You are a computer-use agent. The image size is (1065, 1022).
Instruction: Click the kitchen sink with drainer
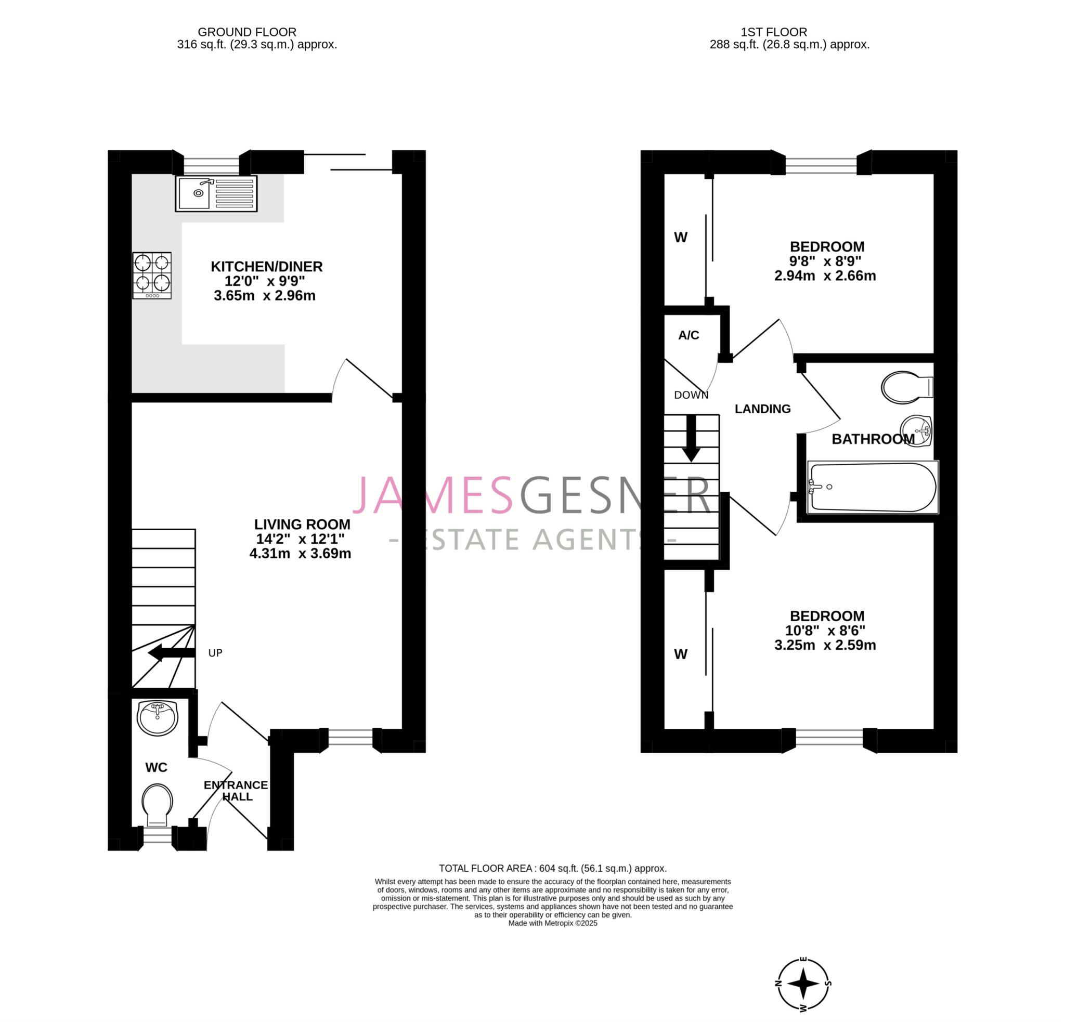click(216, 193)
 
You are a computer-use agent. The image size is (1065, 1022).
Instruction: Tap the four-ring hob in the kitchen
click(152, 276)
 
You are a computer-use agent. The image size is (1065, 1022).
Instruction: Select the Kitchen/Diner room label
click(266, 267)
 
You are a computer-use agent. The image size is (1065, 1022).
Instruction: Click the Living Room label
click(302, 525)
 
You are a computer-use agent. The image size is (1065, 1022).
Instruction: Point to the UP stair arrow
click(172, 653)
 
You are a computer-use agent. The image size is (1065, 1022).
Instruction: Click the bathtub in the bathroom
click(873, 487)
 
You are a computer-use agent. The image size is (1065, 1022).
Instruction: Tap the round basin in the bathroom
click(916, 431)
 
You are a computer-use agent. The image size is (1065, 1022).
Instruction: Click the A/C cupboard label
click(689, 336)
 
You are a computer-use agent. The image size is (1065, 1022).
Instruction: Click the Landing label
click(762, 409)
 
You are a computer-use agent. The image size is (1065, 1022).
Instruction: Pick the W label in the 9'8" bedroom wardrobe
click(681, 238)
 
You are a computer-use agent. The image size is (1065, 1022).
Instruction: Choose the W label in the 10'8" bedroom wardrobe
click(681, 654)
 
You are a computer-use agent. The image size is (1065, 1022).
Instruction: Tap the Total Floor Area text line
click(553, 868)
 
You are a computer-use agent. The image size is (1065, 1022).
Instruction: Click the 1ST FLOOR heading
click(789, 32)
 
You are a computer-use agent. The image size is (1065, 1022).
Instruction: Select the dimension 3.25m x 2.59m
click(825, 645)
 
